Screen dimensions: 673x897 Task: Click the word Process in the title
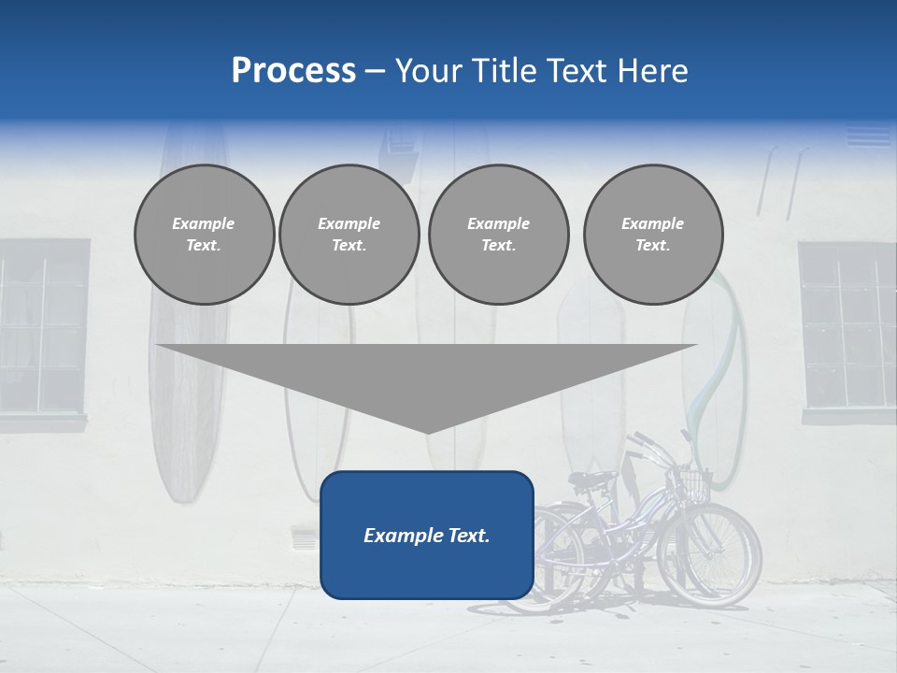pyautogui.click(x=293, y=71)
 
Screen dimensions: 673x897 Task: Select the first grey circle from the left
pyautogui.click(x=204, y=235)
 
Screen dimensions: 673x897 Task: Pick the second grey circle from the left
pyautogui.click(x=349, y=235)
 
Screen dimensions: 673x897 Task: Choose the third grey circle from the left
pyautogui.click(x=498, y=235)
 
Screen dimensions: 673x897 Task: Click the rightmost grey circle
pyautogui.click(x=652, y=235)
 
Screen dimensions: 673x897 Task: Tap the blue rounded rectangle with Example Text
pyautogui.click(x=426, y=535)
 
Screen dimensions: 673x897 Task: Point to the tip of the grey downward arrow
pyautogui.click(x=427, y=431)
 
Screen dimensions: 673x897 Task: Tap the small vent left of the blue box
pyautogui.click(x=305, y=537)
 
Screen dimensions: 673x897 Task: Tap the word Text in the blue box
pyautogui.click(x=466, y=536)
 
